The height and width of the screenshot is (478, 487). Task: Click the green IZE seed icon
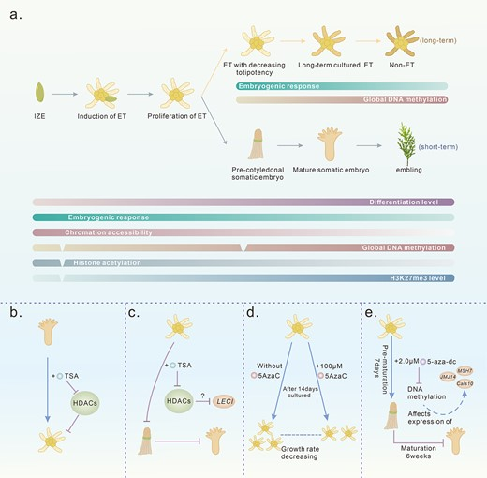(38, 94)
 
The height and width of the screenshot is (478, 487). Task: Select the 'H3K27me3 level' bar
(243, 278)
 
